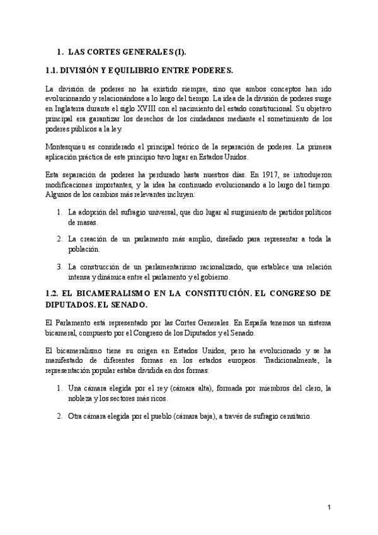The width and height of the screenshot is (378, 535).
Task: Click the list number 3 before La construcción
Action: [x=60, y=267]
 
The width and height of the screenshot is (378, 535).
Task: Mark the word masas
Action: [x=79, y=223]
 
